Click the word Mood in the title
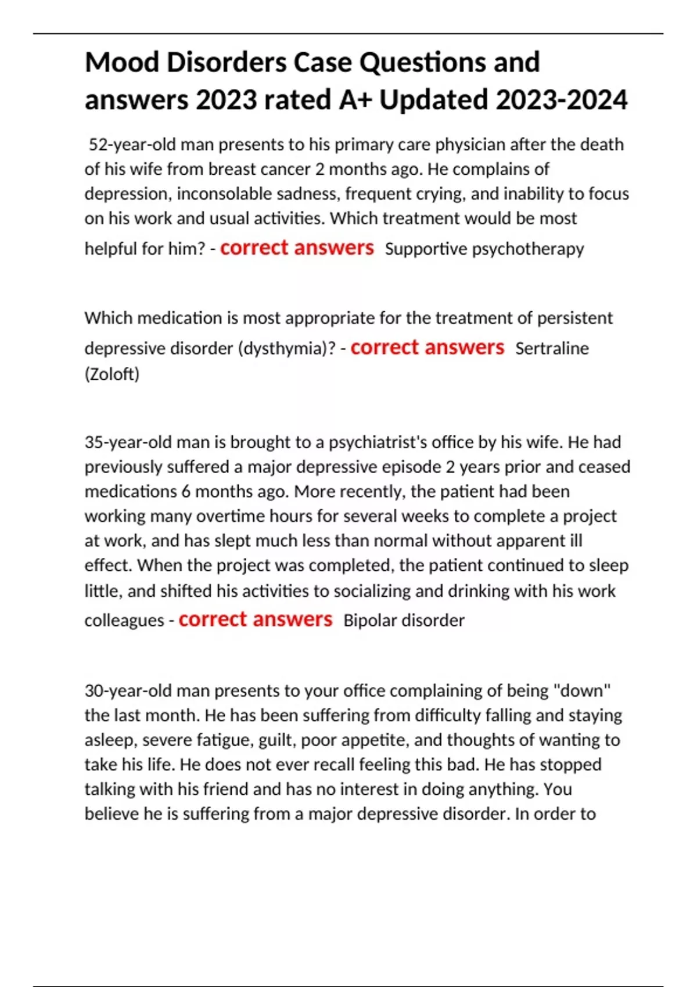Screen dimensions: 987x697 121,63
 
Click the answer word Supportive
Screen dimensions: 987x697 426,249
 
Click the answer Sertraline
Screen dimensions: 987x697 552,348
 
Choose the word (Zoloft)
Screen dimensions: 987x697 112,374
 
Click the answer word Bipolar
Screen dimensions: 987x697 370,621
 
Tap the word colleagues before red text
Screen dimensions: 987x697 124,621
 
